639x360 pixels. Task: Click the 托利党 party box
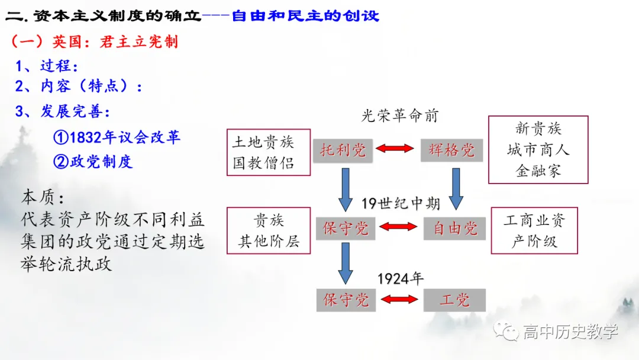(343, 150)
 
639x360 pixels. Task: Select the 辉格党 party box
(451, 150)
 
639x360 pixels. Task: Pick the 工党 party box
(454, 300)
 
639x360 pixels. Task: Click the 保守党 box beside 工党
(346, 300)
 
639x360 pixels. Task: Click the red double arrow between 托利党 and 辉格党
(396, 149)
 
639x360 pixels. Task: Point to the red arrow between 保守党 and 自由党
(398, 226)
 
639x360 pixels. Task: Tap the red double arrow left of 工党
(399, 299)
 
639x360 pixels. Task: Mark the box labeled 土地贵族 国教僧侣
(269, 152)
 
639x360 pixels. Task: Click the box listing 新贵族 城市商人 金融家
(538, 150)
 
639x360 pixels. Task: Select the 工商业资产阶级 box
(534, 231)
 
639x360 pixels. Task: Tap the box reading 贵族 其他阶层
(269, 231)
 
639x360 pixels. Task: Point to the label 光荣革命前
(399, 115)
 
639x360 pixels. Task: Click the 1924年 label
(401, 278)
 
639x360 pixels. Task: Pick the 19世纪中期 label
(401, 204)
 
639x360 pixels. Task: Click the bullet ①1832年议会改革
(117, 137)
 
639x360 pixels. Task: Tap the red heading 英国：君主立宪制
(95, 41)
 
